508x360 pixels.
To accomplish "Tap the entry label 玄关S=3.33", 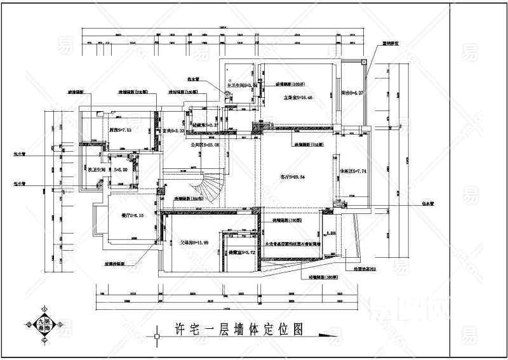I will tap(173, 131).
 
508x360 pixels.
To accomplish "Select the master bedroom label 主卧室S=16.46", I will tap(297, 98).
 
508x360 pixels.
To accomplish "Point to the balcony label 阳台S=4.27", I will tap(351, 93).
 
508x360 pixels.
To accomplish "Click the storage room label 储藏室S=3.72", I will tap(243, 252).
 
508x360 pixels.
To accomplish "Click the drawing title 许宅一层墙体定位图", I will tap(238, 329).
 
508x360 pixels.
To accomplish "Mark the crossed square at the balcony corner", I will tap(363, 62).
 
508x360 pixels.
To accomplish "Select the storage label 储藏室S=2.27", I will tap(206, 125).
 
